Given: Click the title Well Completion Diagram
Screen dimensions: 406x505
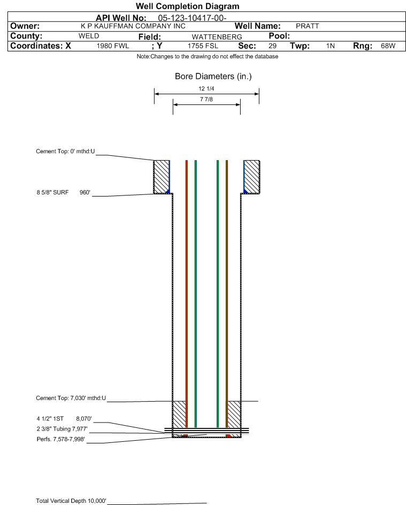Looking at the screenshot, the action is [188, 6].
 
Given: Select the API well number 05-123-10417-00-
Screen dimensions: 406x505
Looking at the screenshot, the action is [193, 18].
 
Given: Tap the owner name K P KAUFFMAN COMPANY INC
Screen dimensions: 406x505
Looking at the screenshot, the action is [133, 26].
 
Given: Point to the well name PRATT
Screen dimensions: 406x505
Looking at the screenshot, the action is [308, 26].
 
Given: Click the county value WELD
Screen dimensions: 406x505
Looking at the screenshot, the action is [89, 36].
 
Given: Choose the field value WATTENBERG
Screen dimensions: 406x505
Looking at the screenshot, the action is [217, 37].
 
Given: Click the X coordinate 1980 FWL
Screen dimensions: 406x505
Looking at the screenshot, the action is [113, 46].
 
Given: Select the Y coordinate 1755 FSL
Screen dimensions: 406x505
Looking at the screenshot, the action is [203, 46].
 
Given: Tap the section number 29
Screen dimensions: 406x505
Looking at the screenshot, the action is [272, 46].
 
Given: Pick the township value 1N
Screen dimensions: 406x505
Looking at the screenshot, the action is [331, 46].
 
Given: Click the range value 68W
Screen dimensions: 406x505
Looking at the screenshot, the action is [388, 46].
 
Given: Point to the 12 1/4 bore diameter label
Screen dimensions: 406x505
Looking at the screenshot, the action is [206, 88].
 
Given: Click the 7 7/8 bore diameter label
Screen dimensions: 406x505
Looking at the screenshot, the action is [206, 99].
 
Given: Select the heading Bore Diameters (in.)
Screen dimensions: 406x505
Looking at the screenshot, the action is [213, 77].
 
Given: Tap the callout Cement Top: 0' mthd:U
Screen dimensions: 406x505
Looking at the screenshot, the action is [65, 152].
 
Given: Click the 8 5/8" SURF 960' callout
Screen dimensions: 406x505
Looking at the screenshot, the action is [63, 193].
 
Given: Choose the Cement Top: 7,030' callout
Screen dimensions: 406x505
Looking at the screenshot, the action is [71, 398].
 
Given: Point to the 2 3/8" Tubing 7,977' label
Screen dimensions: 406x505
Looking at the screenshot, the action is [62, 429].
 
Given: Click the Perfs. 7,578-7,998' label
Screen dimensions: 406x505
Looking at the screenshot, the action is [61, 439].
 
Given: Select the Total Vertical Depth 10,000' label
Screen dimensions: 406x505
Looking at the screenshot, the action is [71, 501].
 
